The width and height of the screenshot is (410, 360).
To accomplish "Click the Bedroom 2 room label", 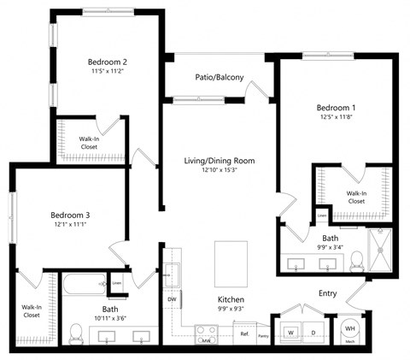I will click(x=108, y=62).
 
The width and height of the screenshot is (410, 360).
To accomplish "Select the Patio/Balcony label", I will click(x=220, y=78).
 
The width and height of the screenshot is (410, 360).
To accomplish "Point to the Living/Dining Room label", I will click(x=220, y=161).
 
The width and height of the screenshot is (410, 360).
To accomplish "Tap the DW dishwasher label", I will click(x=172, y=298).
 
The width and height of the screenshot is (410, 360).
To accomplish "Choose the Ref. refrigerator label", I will click(x=243, y=334).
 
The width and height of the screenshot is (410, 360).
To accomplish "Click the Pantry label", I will click(x=263, y=335).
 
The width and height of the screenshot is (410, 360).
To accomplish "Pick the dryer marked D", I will click(x=313, y=331).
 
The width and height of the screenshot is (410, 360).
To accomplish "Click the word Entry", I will click(x=328, y=293).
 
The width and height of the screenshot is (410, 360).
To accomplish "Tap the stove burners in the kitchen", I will click(x=206, y=332).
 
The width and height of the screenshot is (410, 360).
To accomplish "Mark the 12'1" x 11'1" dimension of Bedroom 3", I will click(x=67, y=224).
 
